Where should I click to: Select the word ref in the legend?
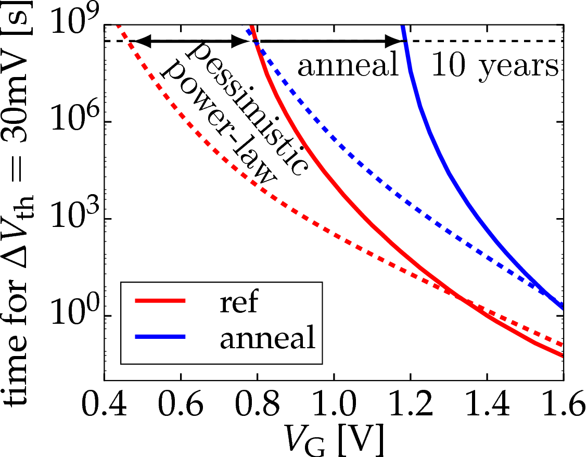(x=239, y=302)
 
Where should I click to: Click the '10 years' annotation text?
(x=495, y=67)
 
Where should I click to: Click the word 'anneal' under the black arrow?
(x=348, y=67)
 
